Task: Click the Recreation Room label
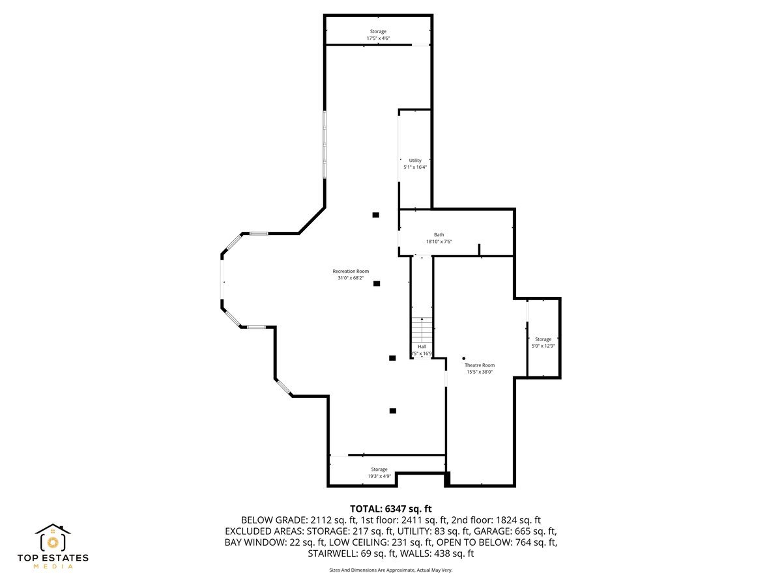[x=351, y=271]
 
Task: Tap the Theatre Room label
[x=480, y=365]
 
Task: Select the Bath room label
[x=439, y=234]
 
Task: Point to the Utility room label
[x=415, y=160]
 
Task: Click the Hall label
[x=422, y=346]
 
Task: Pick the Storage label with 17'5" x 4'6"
[x=378, y=31]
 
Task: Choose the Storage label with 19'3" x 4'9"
[x=379, y=469]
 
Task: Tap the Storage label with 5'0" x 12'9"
[x=543, y=339]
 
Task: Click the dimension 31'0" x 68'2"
[x=350, y=278]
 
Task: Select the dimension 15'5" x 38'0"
[x=480, y=372]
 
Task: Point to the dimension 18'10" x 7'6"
[x=439, y=242]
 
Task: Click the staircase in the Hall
[x=422, y=328]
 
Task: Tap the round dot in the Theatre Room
[x=464, y=358]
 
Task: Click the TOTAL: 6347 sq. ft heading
[x=390, y=509]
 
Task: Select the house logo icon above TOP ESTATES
[x=53, y=538]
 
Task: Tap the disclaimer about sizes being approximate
[x=390, y=570]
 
